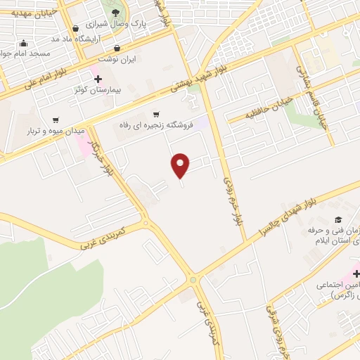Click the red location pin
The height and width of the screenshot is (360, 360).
(181, 165)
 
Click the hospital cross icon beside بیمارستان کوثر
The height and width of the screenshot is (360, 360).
(97, 78)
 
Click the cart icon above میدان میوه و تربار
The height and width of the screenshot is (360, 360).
(56, 120)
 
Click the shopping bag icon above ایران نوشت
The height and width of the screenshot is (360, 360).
(117, 49)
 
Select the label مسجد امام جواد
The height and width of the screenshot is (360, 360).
(20, 54)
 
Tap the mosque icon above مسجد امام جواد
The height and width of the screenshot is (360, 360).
(25, 43)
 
